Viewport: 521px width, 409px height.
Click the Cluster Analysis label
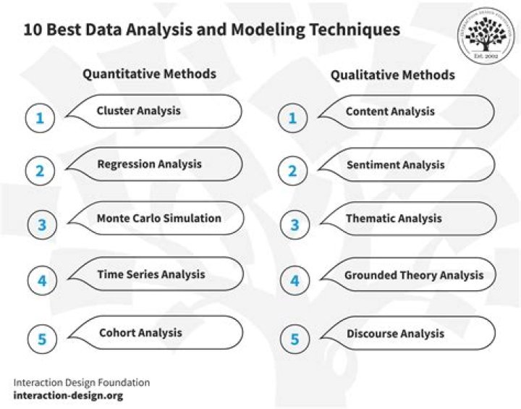pos(138,111)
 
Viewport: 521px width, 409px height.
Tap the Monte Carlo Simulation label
pos(158,218)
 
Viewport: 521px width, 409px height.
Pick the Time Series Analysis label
pos(151,274)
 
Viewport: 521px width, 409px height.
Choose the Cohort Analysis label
pos(140,333)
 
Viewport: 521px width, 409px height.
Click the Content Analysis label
pos(390,111)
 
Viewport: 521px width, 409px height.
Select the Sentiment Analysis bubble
pos(395,165)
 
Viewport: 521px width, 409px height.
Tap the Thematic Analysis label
pos(394,218)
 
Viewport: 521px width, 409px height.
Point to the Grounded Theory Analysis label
pos(414,275)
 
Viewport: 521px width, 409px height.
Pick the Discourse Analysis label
pos(395,334)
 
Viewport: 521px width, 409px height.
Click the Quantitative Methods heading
pos(149,74)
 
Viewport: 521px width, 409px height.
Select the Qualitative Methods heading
pos(393,75)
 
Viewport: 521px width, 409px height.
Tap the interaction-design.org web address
pos(68,396)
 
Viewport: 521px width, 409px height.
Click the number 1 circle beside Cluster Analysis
pos(41,118)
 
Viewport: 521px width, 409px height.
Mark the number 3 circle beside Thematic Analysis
pos(294,224)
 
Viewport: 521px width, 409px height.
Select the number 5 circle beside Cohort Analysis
pos(41,339)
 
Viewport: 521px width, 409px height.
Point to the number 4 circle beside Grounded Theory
pos(294,281)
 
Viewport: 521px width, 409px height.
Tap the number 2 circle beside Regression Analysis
pos(41,172)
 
